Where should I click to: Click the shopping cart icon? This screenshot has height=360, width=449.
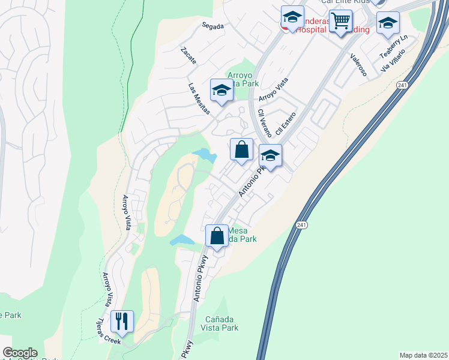coord(340,22)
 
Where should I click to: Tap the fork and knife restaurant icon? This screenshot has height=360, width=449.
coord(122,322)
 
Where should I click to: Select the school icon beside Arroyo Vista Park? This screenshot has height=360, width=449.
coord(221,91)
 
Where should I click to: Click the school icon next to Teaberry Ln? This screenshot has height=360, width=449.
coord(388,23)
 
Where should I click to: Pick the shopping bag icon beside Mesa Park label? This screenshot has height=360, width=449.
coord(217,236)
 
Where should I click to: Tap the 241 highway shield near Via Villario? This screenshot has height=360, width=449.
coord(402,86)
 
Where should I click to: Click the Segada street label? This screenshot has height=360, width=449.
coord(212,26)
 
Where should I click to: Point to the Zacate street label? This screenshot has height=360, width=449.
coord(188,55)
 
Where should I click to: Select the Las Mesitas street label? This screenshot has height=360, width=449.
coord(199,99)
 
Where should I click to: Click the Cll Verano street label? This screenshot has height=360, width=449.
coord(264,123)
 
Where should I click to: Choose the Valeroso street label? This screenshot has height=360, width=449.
coord(358,64)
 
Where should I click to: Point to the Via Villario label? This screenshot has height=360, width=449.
coord(393,61)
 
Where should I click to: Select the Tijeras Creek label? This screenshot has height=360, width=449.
coord(106,331)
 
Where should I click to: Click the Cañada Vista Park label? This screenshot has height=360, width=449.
coord(221,323)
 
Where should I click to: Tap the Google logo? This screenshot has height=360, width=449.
coord(20,353)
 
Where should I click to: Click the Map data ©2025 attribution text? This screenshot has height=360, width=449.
coord(423,355)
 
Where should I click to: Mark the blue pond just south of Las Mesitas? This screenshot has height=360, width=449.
coord(205,155)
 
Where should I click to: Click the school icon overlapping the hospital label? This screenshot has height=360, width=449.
coord(292,17)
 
